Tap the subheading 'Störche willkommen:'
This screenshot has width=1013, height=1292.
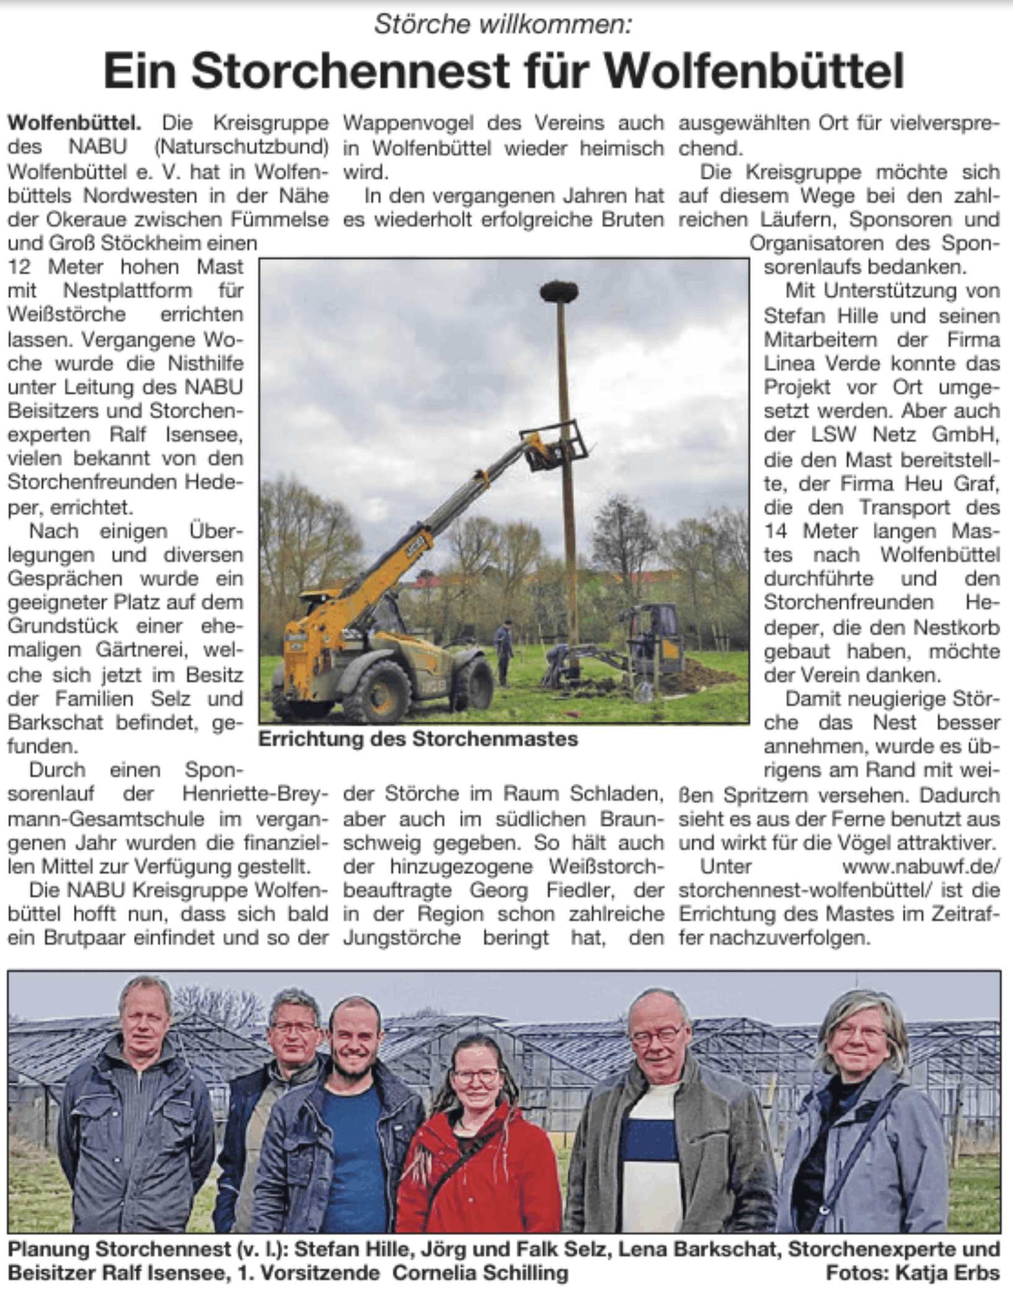(503, 24)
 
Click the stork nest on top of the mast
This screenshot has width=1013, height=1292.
(559, 291)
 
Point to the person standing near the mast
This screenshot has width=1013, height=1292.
(503, 651)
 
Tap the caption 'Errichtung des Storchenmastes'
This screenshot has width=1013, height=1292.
(418, 739)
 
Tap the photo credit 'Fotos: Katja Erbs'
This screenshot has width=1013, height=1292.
(913, 1273)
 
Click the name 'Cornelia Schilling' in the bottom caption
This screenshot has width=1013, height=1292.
(480, 1273)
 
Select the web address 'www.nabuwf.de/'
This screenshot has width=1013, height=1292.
(921, 866)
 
